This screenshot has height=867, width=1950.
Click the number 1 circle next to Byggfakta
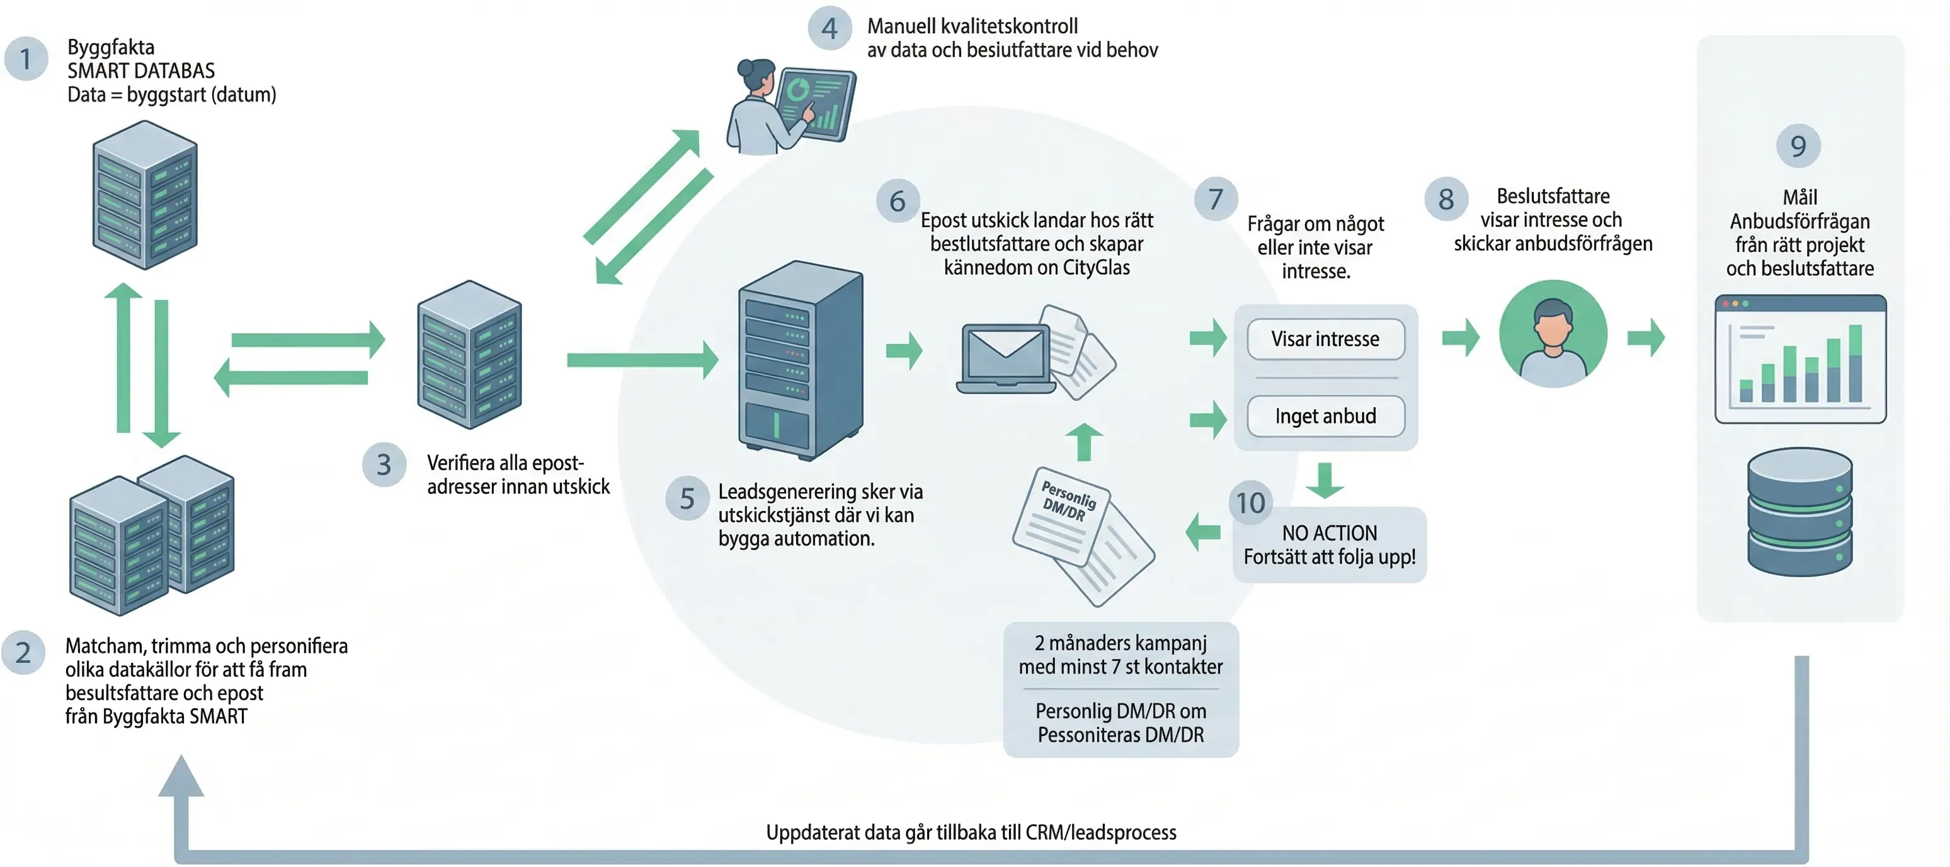point(25,59)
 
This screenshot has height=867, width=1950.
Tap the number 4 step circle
point(830,29)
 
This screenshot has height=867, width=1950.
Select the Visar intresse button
point(1325,338)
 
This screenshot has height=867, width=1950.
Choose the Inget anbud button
point(1325,416)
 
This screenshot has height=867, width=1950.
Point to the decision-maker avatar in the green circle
point(1553,334)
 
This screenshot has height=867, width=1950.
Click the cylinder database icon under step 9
point(1799,511)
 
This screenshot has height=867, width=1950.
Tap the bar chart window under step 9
point(1799,359)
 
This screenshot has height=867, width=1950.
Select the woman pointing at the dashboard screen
point(787,106)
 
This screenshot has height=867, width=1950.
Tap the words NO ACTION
point(1329,533)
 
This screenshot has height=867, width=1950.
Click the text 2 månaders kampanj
point(1120,643)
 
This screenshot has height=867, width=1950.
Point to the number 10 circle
point(1250,503)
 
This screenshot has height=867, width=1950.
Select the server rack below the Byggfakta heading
point(145,195)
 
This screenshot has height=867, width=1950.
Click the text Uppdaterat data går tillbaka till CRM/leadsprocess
point(971,832)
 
